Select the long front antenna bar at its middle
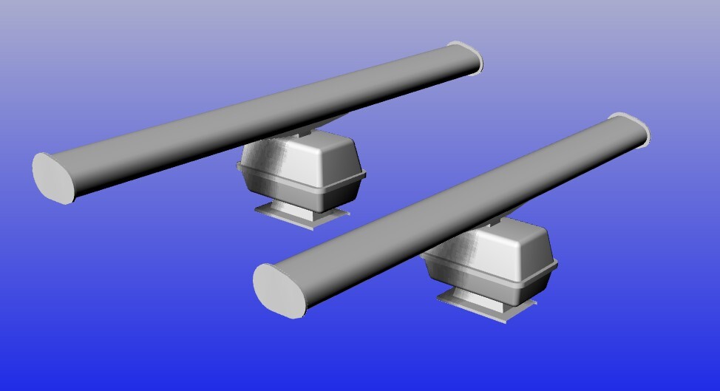(451, 203)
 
